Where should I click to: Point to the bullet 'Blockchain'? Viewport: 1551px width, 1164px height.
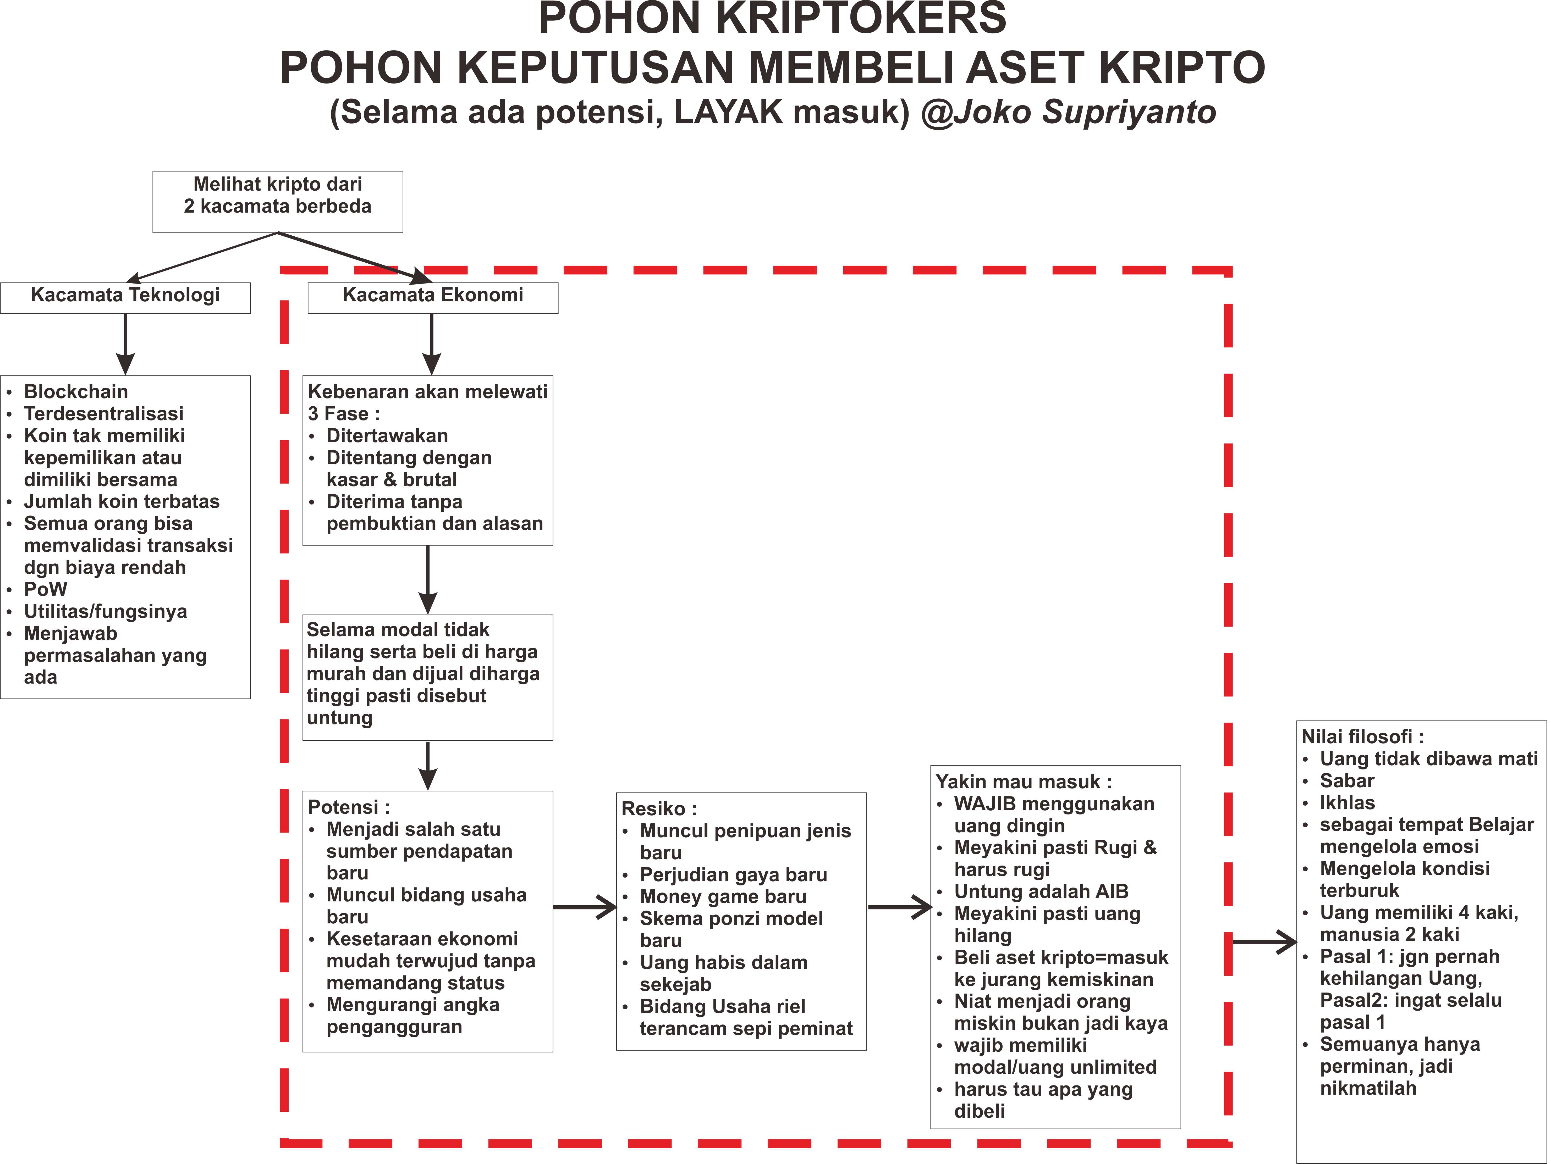coord(76,392)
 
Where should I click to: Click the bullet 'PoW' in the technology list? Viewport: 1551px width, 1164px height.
coord(46,589)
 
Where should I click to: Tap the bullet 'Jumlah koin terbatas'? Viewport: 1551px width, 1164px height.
coord(121,502)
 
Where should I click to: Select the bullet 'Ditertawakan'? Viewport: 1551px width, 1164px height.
coord(387,436)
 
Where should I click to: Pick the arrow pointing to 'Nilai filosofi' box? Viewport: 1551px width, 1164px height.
coord(1264,942)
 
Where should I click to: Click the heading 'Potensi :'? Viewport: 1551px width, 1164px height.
coord(349,807)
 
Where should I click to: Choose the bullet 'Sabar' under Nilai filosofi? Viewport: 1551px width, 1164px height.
coord(1347,781)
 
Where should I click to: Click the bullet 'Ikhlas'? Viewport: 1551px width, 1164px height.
coord(1347,803)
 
